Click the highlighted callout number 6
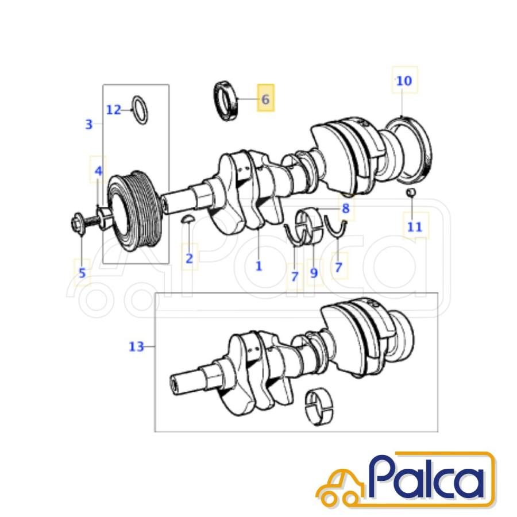pyautogui.click(x=265, y=99)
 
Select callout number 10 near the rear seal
pyautogui.click(x=404, y=81)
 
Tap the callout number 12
pyautogui.click(x=114, y=110)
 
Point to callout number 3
pyautogui.click(x=89, y=124)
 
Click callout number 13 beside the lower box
pyautogui.click(x=136, y=346)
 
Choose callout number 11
pyautogui.click(x=415, y=227)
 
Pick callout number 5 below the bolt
pyautogui.click(x=82, y=273)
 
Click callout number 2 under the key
pyautogui.click(x=189, y=258)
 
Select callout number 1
pyautogui.click(x=259, y=266)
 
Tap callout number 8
pyautogui.click(x=346, y=209)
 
